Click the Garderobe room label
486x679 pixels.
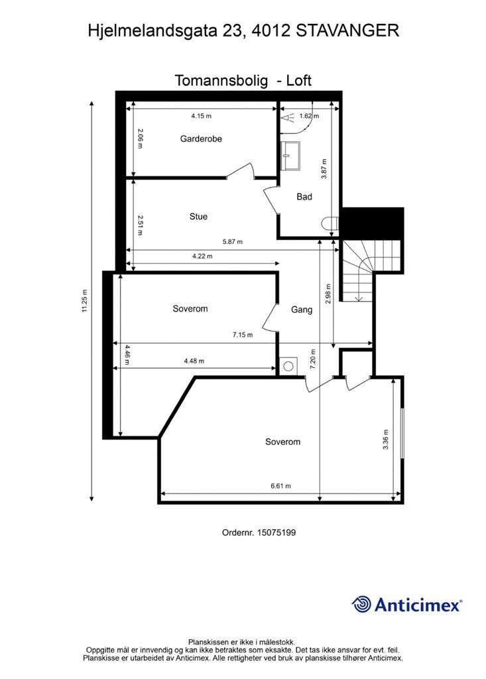(201, 139)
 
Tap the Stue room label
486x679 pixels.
(198, 217)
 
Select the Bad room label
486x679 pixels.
(304, 197)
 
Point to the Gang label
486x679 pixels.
(302, 310)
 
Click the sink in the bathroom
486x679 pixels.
(290, 156)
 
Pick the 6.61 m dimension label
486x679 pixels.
(280, 486)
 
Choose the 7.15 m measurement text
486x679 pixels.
(243, 335)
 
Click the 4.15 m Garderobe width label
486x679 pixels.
(201, 116)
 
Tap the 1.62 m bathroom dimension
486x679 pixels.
(309, 116)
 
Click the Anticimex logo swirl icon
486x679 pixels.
(361, 604)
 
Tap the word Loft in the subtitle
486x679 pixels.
(298, 81)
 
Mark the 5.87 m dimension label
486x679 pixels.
(232, 242)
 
